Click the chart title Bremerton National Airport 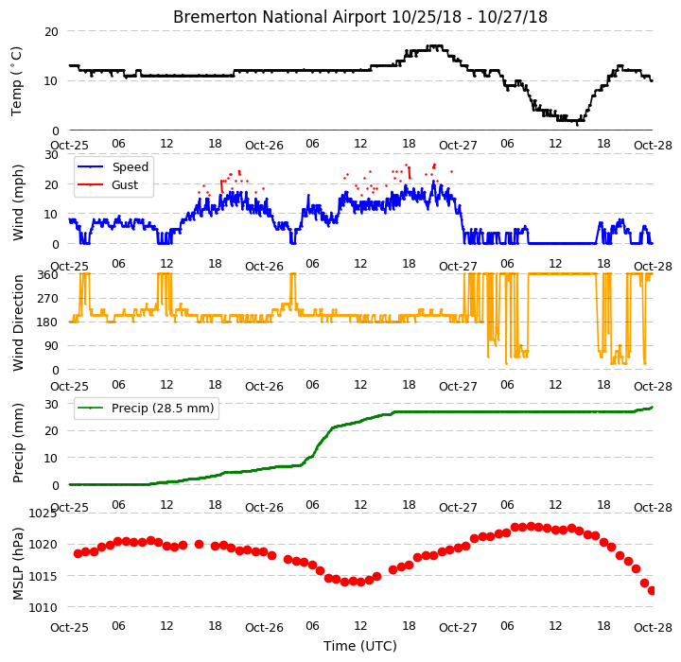[279, 17]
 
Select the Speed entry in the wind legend [130, 166]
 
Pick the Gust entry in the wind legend [125, 184]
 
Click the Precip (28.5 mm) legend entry [163, 409]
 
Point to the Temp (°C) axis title [16, 81]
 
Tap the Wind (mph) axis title [17, 202]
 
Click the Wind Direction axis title [18, 322]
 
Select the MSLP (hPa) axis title [18, 564]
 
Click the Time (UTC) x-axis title [360, 646]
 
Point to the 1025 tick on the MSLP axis [43, 514]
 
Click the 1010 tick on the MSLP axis [43, 608]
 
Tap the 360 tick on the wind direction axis [48, 274]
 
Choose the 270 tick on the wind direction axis [48, 299]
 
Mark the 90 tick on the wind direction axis [51, 346]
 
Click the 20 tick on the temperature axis [51, 32]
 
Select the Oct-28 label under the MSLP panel [653, 627]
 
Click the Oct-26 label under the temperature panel [264, 146]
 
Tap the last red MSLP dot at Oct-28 [652, 591]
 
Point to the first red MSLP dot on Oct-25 [79, 553]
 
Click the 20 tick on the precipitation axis [51, 431]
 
